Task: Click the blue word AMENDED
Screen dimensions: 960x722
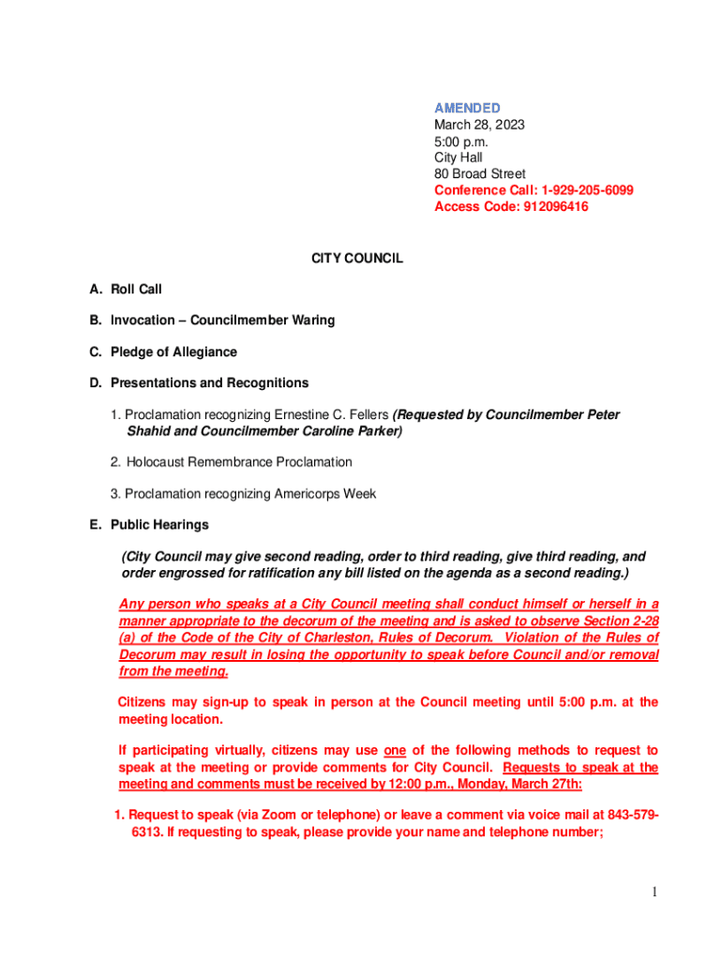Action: (x=466, y=108)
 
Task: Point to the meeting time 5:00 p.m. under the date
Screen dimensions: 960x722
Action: (x=461, y=142)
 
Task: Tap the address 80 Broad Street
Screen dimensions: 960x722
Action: (x=479, y=174)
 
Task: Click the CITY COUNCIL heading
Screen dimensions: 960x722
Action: (x=357, y=258)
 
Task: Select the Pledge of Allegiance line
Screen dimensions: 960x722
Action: (x=173, y=352)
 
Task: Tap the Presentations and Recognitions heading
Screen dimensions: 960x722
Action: (x=209, y=383)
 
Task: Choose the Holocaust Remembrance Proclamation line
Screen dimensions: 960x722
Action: (x=239, y=462)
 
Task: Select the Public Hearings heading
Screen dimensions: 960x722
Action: (x=159, y=525)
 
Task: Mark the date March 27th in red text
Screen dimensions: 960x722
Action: (x=550, y=784)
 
